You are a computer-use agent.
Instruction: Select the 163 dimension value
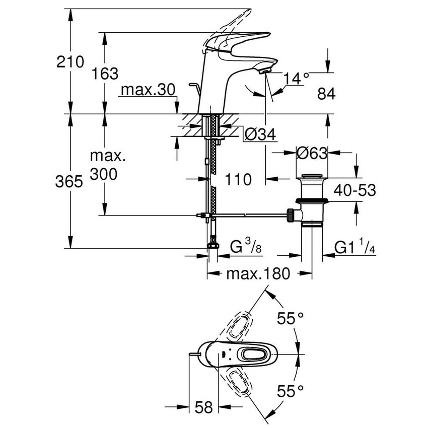click(106, 74)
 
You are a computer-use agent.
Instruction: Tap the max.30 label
click(147, 90)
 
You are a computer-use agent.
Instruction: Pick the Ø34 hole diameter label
click(260, 134)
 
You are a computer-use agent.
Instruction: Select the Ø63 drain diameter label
click(311, 153)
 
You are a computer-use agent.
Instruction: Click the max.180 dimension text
click(258, 274)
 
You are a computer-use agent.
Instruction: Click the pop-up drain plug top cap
click(312, 177)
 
